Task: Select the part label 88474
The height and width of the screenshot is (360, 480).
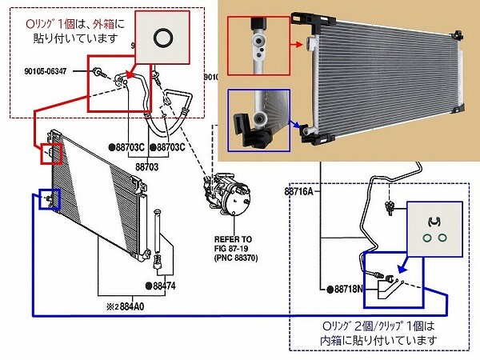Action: pos(163,285)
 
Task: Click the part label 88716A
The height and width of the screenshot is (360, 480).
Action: pos(299,192)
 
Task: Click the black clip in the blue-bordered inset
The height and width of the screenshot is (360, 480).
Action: pos(436,220)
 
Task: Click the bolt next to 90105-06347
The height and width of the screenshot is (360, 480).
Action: pos(97,73)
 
